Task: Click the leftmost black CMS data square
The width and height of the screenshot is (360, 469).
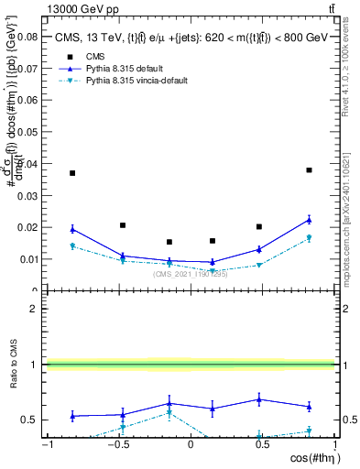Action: (72, 173)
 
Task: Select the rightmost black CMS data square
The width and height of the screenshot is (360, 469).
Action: (310, 169)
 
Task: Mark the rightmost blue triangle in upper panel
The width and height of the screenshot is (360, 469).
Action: (310, 220)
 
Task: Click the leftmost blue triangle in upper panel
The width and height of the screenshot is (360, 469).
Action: (72, 229)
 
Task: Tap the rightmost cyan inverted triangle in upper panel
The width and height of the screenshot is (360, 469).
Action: (310, 238)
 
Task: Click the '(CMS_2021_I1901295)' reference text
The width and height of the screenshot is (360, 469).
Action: (191, 273)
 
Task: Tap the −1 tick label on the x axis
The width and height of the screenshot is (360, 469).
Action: (46, 444)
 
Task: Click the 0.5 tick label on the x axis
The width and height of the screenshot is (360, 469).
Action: (262, 444)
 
